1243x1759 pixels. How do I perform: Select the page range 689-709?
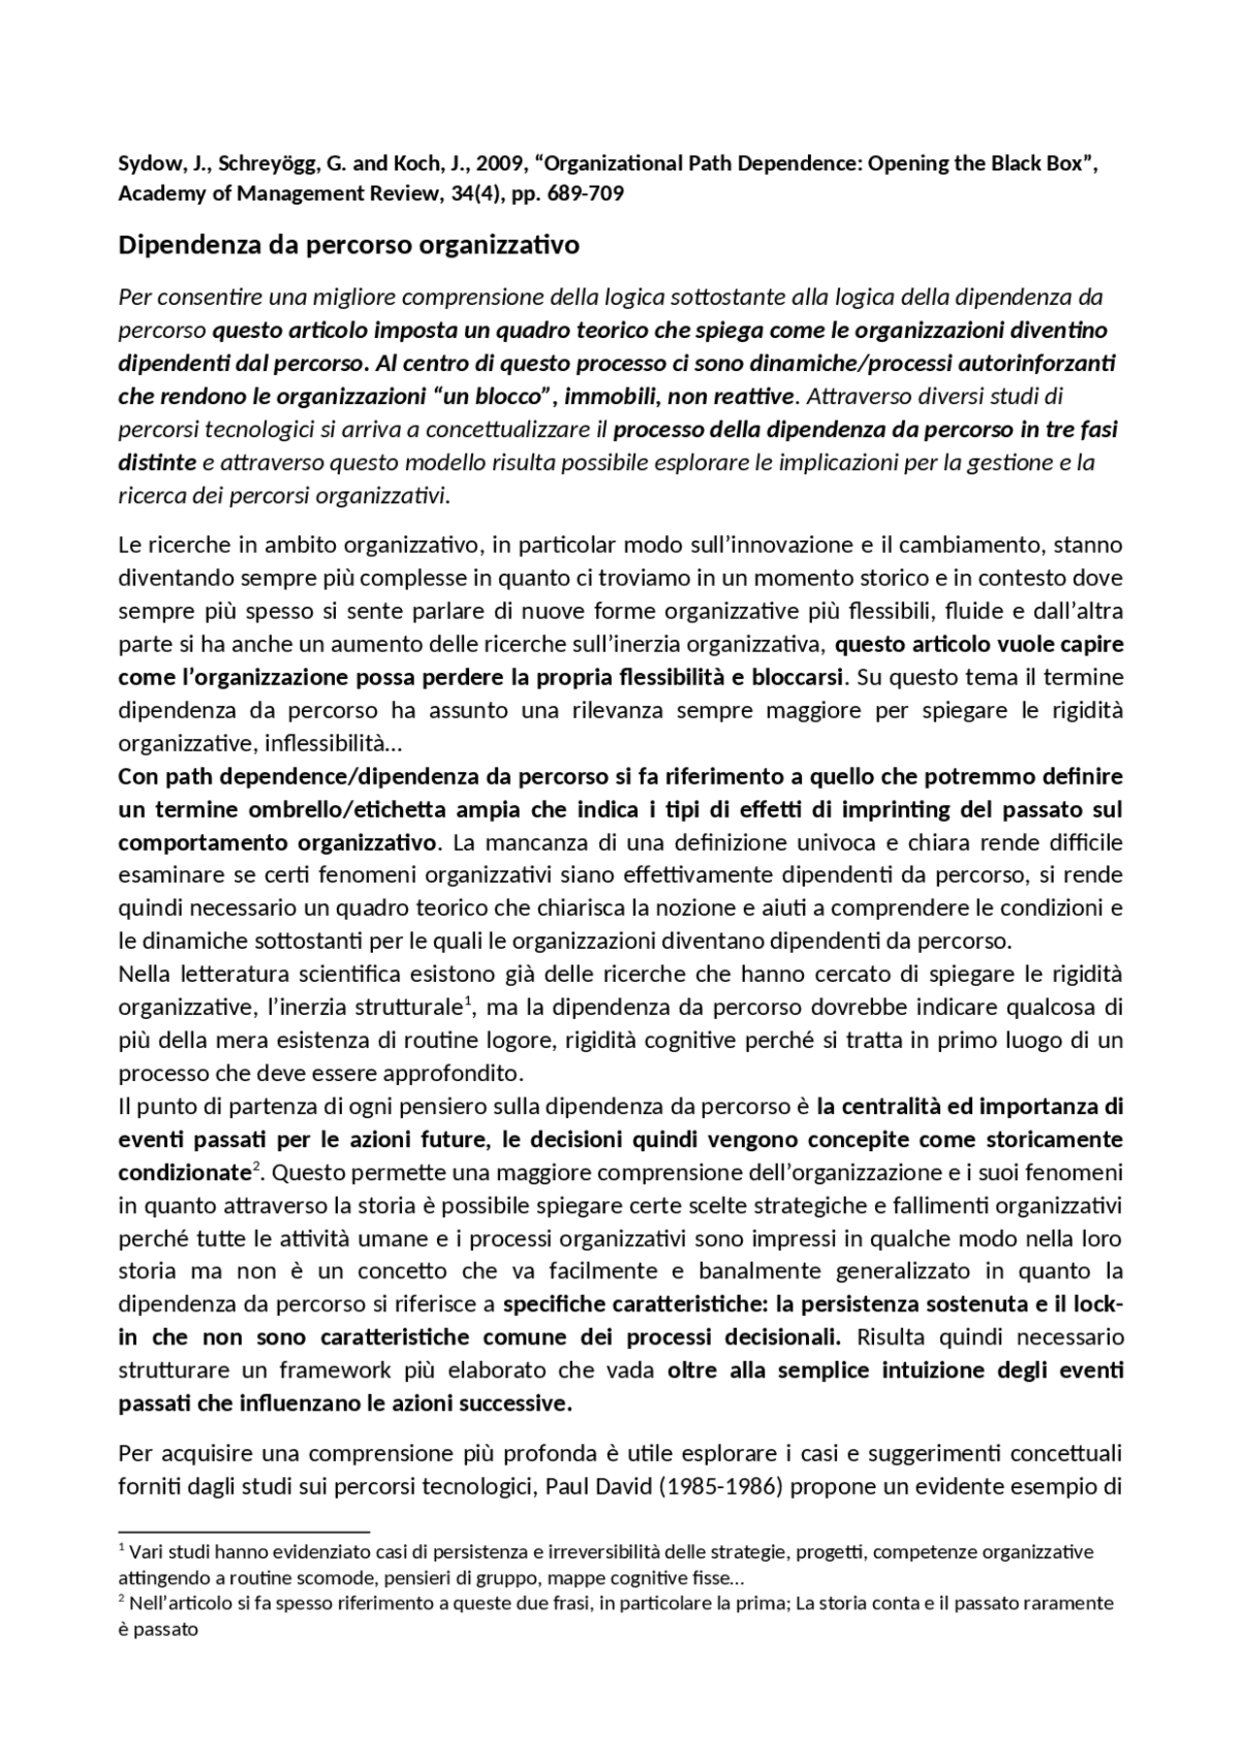click(586, 193)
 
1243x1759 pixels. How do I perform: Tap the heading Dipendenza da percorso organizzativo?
click(349, 245)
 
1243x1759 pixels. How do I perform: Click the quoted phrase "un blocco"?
click(497, 396)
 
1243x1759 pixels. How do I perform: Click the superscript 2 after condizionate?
click(255, 1167)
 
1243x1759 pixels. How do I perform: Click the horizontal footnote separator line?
click(244, 1531)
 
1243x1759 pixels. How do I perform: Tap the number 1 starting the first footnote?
click(121, 1546)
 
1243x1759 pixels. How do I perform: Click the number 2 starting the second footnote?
click(121, 1597)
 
